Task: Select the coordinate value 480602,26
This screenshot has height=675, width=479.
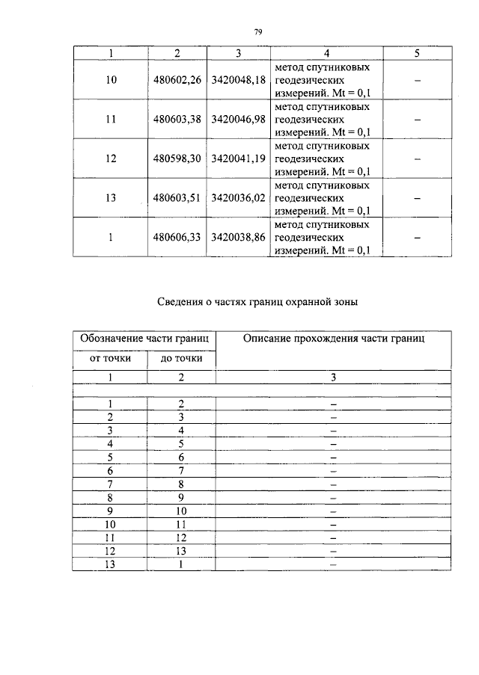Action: pyautogui.click(x=177, y=81)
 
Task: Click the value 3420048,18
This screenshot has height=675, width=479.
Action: pyautogui.click(x=239, y=81)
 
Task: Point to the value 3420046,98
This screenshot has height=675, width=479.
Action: pyautogui.click(x=239, y=120)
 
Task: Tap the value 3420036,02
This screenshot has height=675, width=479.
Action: pyautogui.click(x=239, y=198)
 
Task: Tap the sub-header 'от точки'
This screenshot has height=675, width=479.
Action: pyautogui.click(x=109, y=359)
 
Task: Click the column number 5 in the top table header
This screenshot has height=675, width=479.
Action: pyautogui.click(x=417, y=53)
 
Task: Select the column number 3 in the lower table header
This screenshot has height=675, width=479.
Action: pyautogui.click(x=333, y=377)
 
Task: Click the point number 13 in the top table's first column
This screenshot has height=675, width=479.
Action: pyautogui.click(x=111, y=198)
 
